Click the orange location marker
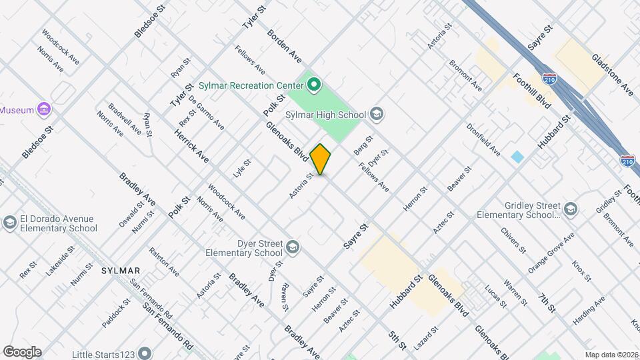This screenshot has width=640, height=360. pos(321,159)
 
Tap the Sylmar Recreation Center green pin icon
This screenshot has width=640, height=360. pos(313,85)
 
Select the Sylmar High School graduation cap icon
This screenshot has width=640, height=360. pos(377,115)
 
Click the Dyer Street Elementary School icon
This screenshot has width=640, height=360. pos(292,249)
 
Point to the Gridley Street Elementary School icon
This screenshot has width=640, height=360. pos(569,209)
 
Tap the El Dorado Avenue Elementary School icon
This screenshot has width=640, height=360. pos(10,223)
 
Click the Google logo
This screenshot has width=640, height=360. pos(22,351)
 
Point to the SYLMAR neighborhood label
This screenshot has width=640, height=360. pos(121,271)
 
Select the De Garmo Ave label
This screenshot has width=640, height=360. pos(207,113)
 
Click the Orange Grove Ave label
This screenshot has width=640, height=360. pos(551,253)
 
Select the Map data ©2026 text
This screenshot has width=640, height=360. pos(611,355)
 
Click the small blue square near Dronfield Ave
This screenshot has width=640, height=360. pos(517,157)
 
